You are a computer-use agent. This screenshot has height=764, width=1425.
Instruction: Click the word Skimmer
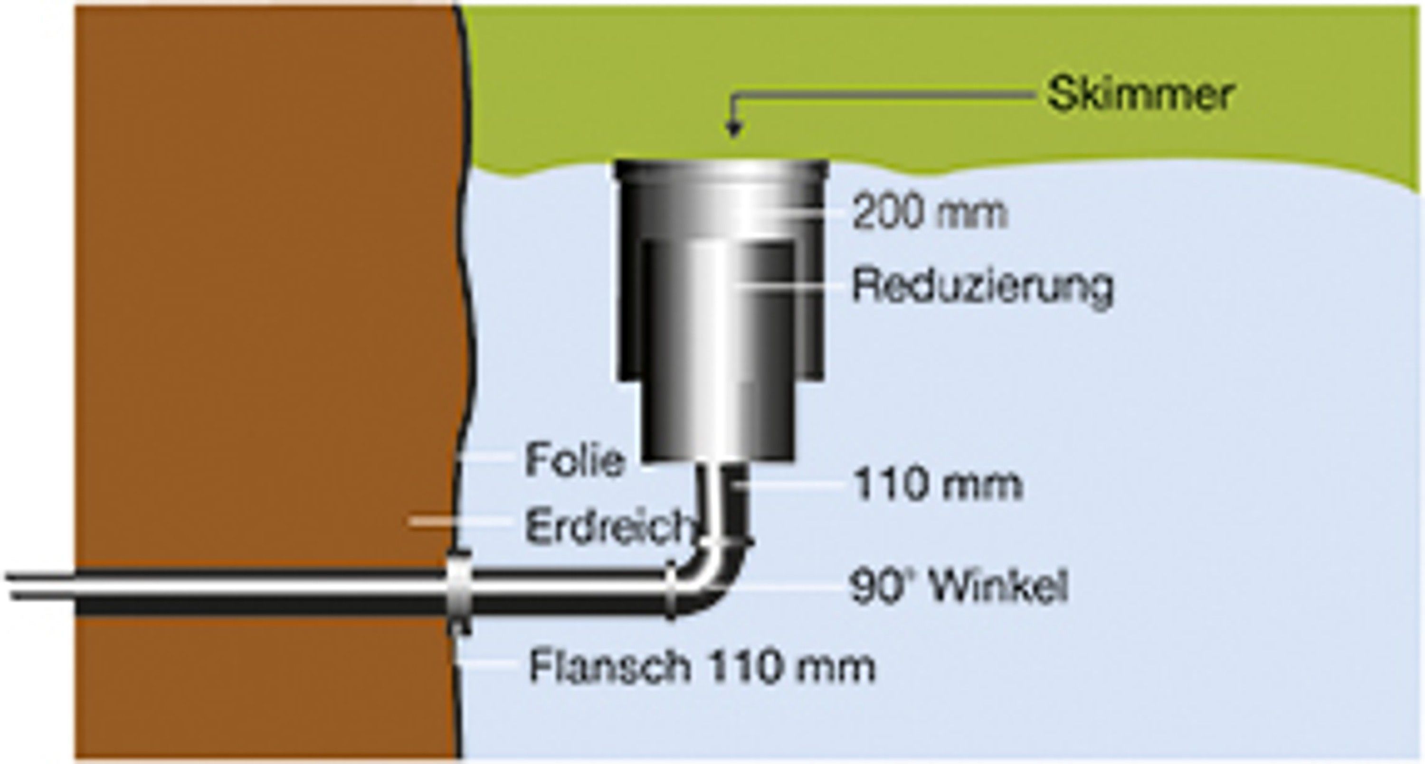(x=1140, y=95)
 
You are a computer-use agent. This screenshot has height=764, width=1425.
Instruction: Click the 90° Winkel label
(x=958, y=587)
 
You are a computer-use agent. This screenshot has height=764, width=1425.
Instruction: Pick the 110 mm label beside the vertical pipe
(x=938, y=484)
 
